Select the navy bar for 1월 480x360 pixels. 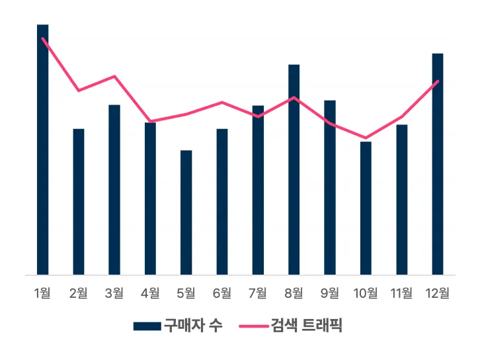43,149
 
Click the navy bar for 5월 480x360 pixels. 186,212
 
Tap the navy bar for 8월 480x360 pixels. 294,169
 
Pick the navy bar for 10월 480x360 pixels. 366,208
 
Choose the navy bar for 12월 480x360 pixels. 437,163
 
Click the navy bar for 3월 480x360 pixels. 114,189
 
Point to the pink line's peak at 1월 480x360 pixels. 43,38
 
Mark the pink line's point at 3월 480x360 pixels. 114,76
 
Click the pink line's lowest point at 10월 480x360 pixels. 366,138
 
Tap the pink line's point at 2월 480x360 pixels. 79,90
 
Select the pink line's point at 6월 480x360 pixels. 222,102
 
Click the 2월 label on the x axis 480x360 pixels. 79,292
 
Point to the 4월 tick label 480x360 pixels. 150,292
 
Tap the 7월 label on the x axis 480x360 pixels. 258,292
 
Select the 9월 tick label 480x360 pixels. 330,292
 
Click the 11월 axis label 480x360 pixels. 401,292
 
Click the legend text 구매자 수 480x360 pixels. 193,326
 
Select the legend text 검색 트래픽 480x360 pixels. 306,326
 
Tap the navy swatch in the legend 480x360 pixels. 147,326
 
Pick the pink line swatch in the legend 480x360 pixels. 251,326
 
